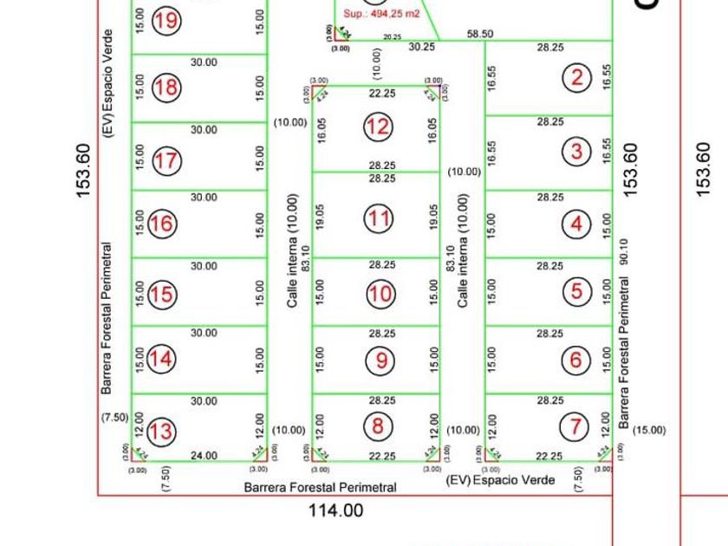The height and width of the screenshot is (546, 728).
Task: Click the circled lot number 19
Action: click(x=166, y=20)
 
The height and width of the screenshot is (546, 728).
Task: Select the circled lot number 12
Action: click(x=378, y=127)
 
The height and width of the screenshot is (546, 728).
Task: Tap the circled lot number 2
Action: click(x=577, y=77)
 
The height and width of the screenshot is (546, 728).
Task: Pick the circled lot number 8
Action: click(x=378, y=426)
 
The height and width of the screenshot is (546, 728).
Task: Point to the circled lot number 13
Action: click(x=162, y=431)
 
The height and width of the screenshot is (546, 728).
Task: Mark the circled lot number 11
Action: click(x=379, y=218)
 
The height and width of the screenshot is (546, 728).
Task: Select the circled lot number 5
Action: click(x=577, y=291)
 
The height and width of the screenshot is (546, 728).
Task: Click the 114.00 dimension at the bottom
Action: click(x=336, y=511)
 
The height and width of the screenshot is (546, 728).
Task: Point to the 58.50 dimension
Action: click(x=480, y=34)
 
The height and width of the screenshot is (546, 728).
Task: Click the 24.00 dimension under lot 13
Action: click(x=205, y=455)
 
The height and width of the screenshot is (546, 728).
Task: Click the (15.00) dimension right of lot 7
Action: click(x=649, y=430)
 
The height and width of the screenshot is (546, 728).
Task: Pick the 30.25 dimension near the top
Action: click(x=422, y=47)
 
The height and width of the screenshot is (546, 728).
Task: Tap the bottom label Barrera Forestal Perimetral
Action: click(x=320, y=487)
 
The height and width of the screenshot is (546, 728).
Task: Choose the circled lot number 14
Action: click(x=162, y=358)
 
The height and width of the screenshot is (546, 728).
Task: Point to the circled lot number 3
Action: click(x=577, y=153)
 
